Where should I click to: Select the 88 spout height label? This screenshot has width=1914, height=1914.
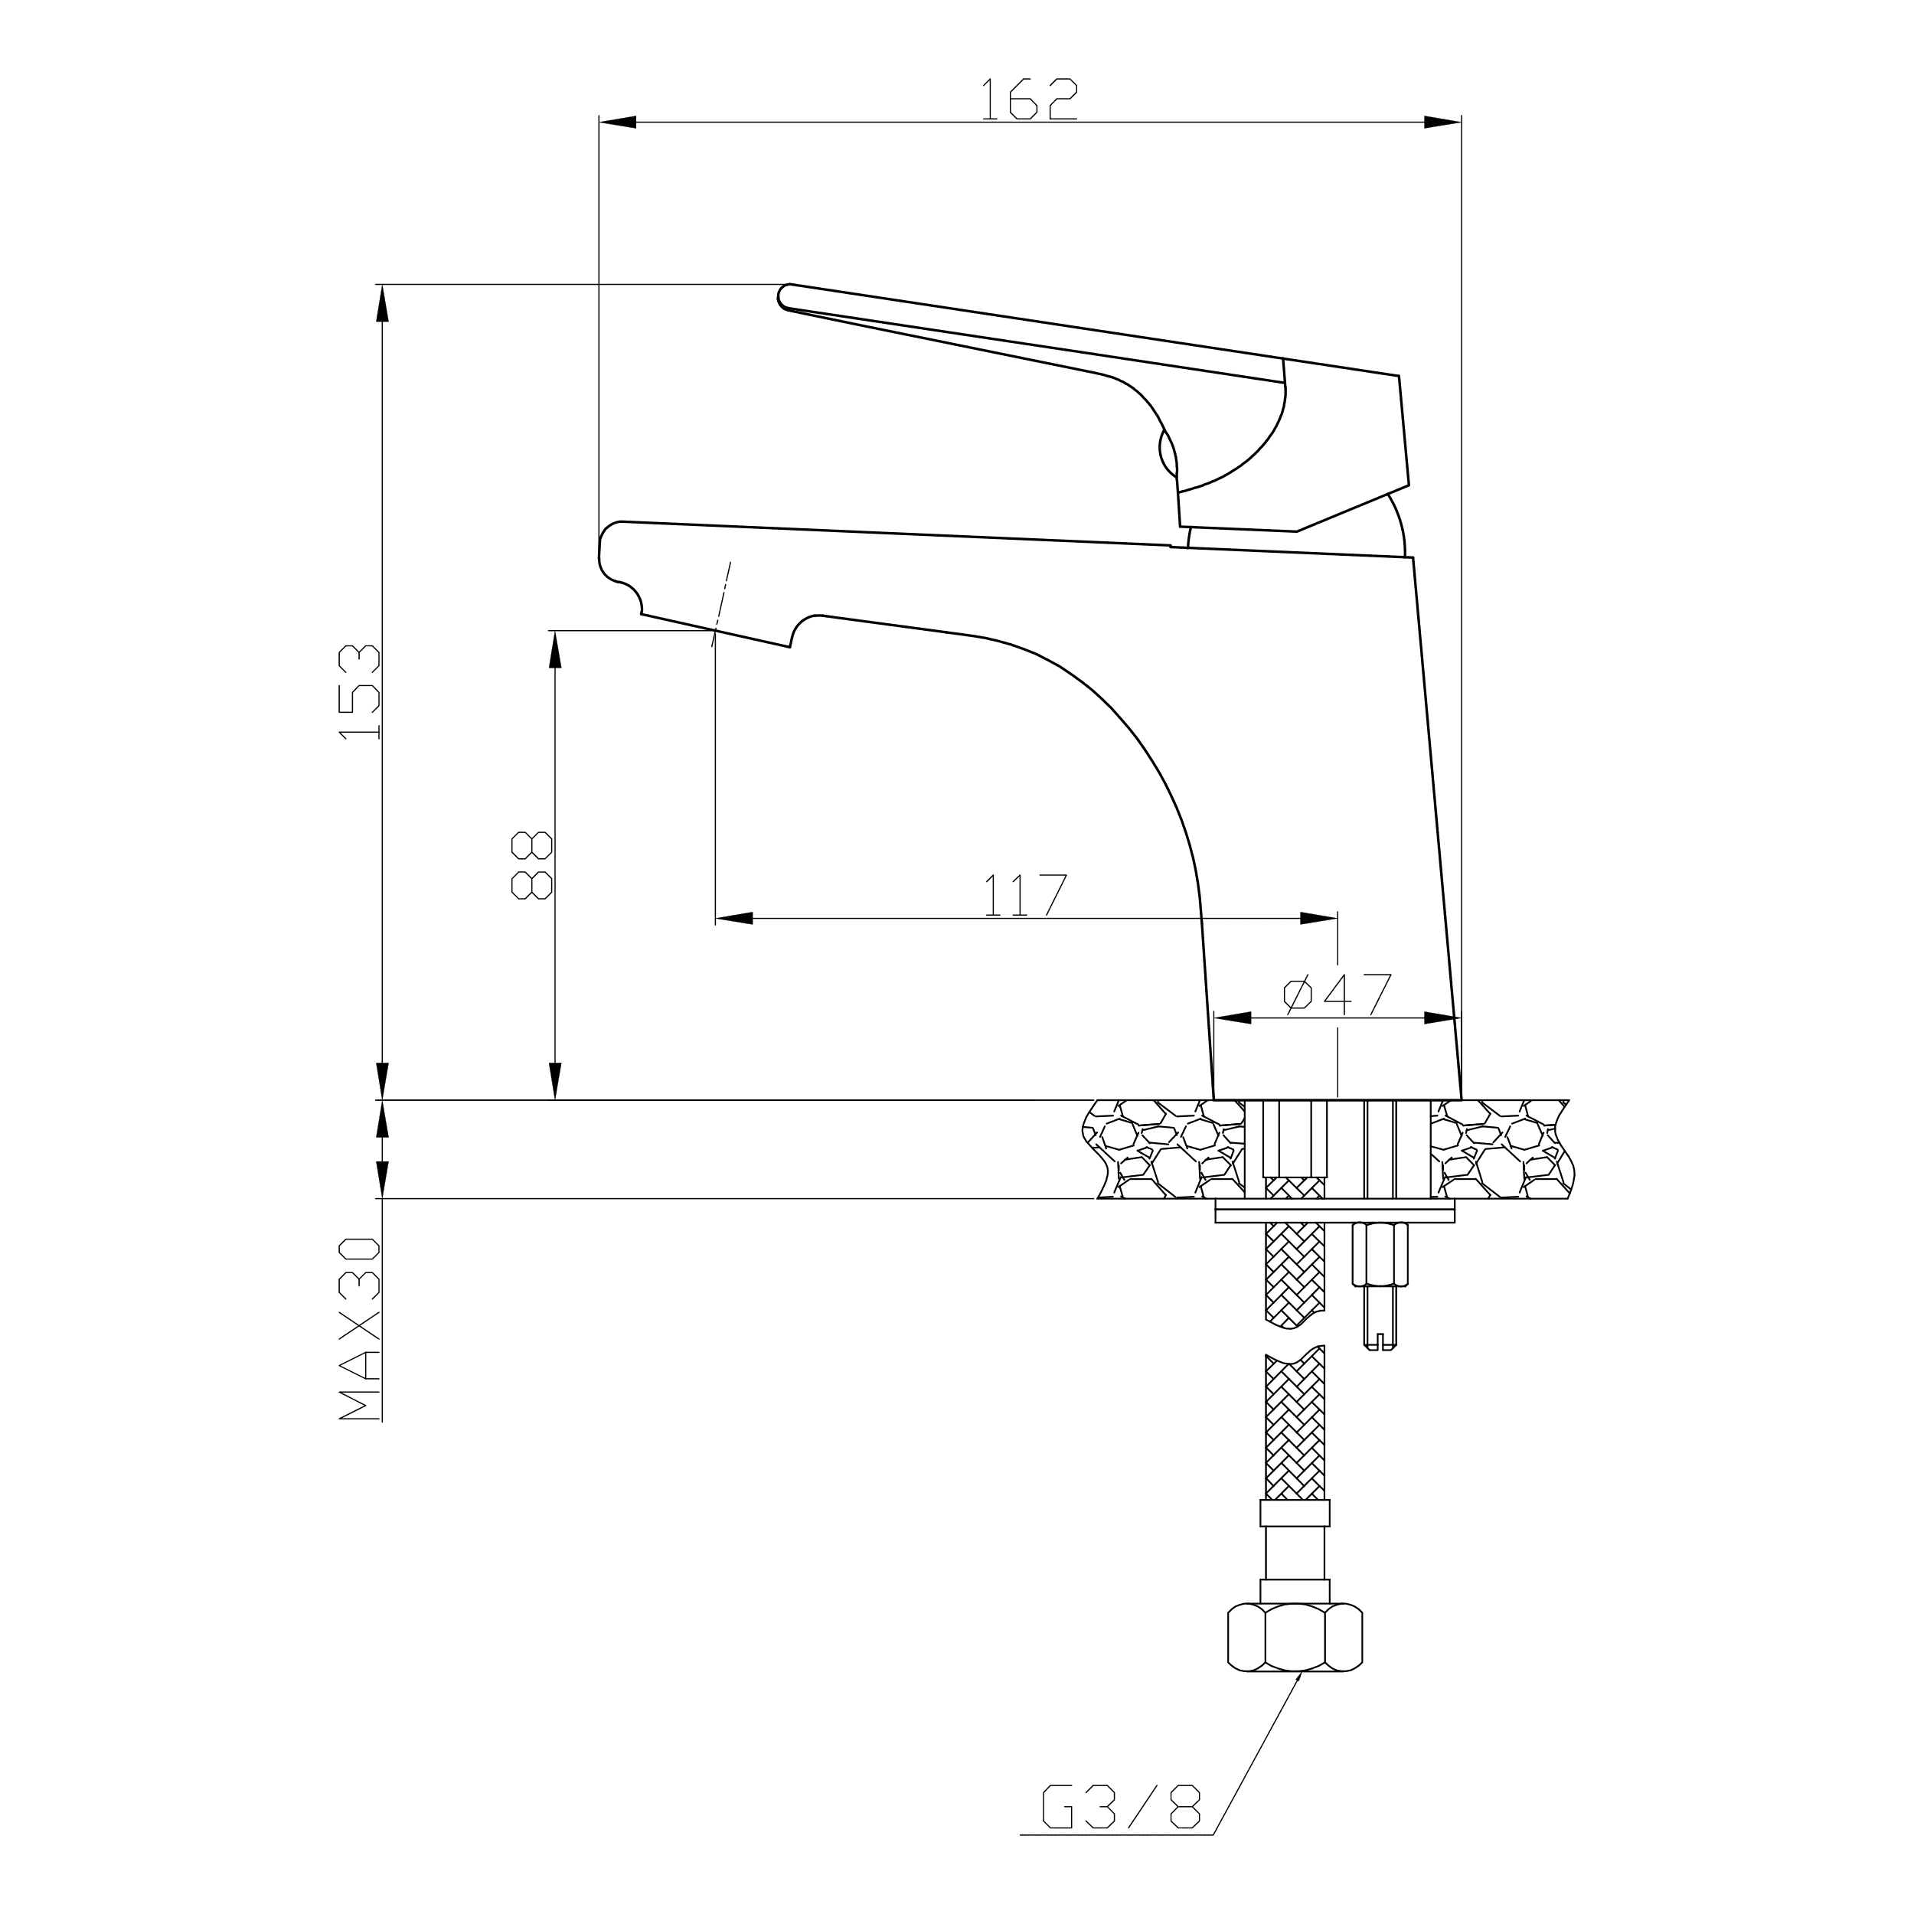tap(531, 865)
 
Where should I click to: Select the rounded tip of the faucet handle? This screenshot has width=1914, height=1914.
tap(786, 296)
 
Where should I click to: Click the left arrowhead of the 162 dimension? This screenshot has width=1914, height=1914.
tap(617, 122)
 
